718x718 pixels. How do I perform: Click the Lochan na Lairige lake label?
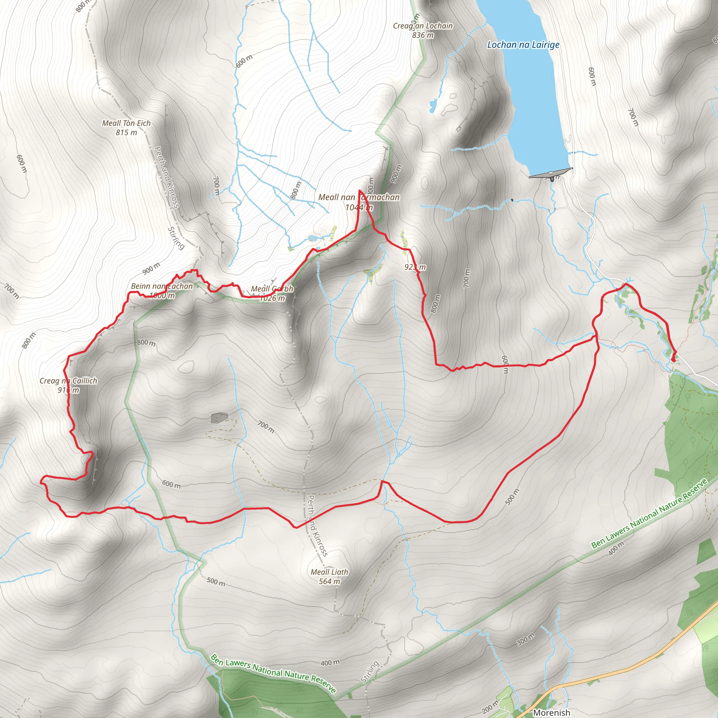[523, 45]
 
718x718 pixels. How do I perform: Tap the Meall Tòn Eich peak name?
[126, 123]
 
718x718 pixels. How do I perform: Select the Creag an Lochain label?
[423, 26]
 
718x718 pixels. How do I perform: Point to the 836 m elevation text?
[423, 35]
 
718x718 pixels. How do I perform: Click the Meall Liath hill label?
[329, 572]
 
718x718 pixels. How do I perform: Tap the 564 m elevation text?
[329, 581]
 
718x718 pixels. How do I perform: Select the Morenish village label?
[551, 712]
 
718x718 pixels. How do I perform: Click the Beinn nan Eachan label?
[162, 286]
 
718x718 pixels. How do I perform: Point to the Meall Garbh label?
[272, 289]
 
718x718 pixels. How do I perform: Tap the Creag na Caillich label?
[68, 380]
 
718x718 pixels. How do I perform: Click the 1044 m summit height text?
[359, 208]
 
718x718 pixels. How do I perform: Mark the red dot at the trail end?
[673, 359]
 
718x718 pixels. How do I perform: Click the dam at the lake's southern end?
[550, 173]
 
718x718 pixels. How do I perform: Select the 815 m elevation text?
[126, 132]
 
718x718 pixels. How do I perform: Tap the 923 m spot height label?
[415, 267]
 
